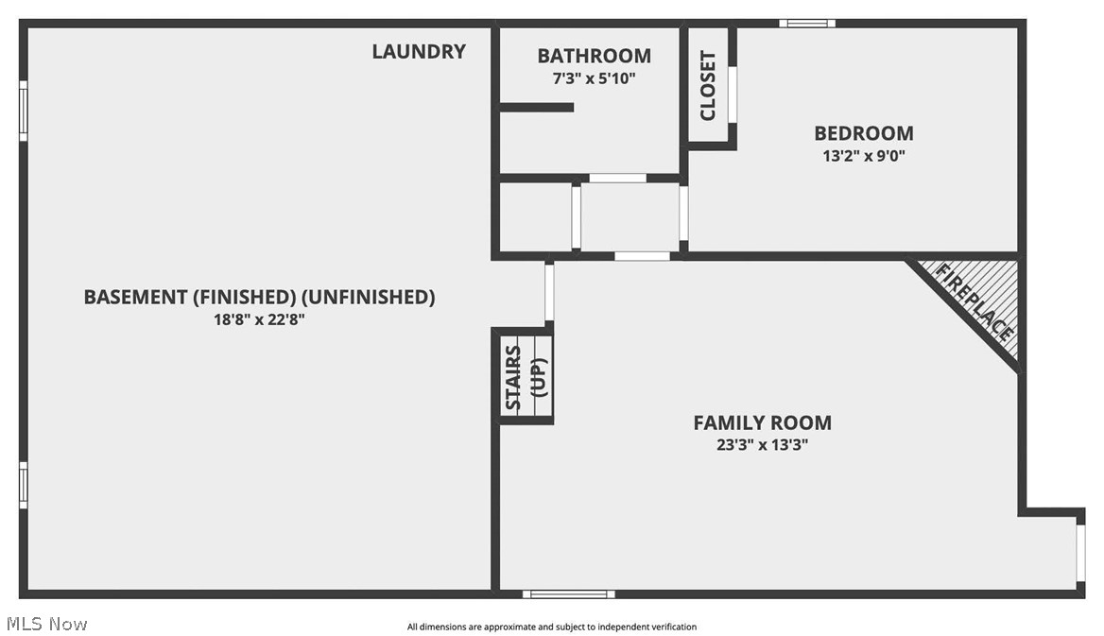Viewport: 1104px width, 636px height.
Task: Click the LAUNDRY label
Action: [x=418, y=52]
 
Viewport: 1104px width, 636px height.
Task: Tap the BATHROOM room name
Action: [x=594, y=56]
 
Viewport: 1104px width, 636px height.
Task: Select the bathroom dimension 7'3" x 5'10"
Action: [x=594, y=79]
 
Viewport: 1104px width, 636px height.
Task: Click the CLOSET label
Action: [x=708, y=86]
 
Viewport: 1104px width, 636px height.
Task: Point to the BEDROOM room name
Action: [x=864, y=133]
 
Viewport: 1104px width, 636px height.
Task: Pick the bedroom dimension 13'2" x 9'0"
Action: [x=864, y=156]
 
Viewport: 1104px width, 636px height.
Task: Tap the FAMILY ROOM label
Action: [x=762, y=422]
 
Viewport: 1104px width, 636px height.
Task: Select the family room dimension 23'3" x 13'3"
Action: [x=762, y=445]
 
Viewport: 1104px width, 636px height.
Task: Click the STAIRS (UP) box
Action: [x=526, y=376]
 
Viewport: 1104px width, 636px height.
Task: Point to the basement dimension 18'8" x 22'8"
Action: [x=259, y=319]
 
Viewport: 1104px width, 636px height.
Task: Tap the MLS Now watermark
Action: [x=46, y=624]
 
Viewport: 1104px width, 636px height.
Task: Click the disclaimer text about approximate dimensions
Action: [x=551, y=627]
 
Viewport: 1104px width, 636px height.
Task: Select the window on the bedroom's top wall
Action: [x=807, y=23]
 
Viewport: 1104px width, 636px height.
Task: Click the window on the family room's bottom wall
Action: [x=569, y=593]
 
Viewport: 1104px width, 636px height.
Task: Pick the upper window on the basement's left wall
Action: [x=24, y=111]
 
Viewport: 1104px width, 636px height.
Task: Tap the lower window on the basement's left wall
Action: [x=24, y=485]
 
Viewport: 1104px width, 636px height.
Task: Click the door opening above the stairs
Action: [x=549, y=293]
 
